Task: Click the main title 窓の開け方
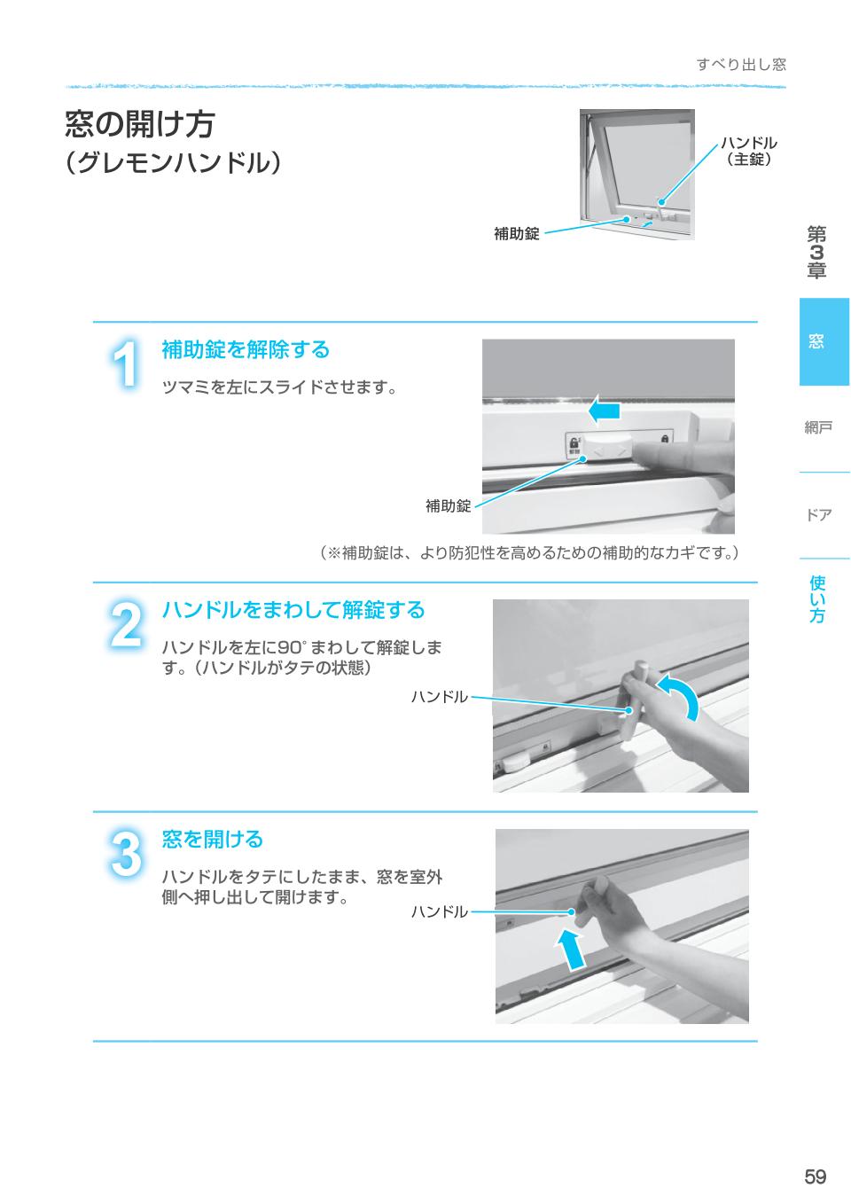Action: point(140,124)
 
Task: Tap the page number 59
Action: point(815,1177)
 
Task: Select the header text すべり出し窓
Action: point(740,64)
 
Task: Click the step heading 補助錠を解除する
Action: point(246,350)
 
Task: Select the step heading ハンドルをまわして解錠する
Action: point(293,610)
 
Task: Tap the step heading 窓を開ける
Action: point(213,839)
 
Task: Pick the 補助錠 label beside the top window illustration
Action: point(516,234)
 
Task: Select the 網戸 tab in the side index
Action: point(817,428)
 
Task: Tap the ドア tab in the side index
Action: point(817,515)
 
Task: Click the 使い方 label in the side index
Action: point(816,598)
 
